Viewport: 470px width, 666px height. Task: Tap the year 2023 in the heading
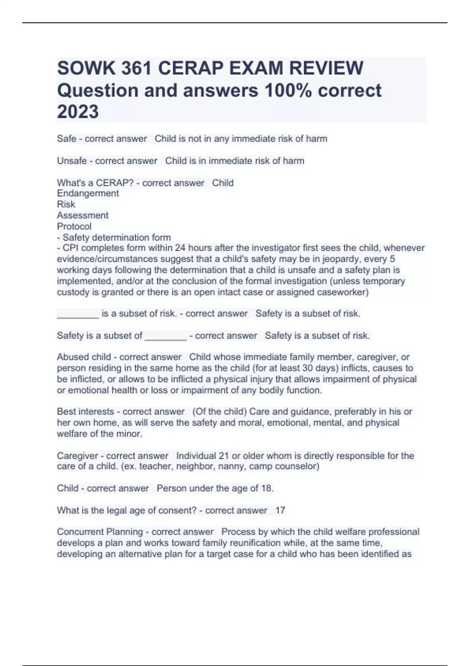(78, 112)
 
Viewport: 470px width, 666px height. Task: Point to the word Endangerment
(88, 194)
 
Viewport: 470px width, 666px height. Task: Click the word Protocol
(74, 226)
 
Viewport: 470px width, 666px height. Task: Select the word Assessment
(83, 215)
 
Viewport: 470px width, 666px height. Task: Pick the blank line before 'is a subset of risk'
(78, 314)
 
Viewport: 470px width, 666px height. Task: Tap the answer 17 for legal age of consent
(280, 510)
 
